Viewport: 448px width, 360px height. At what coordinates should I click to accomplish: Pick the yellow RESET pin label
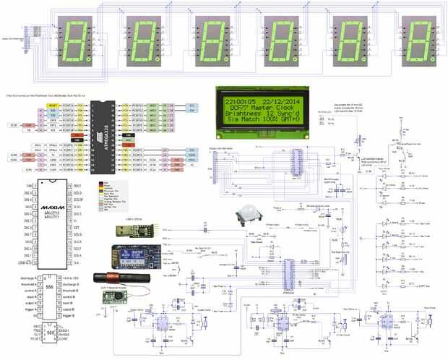coord(53,105)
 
